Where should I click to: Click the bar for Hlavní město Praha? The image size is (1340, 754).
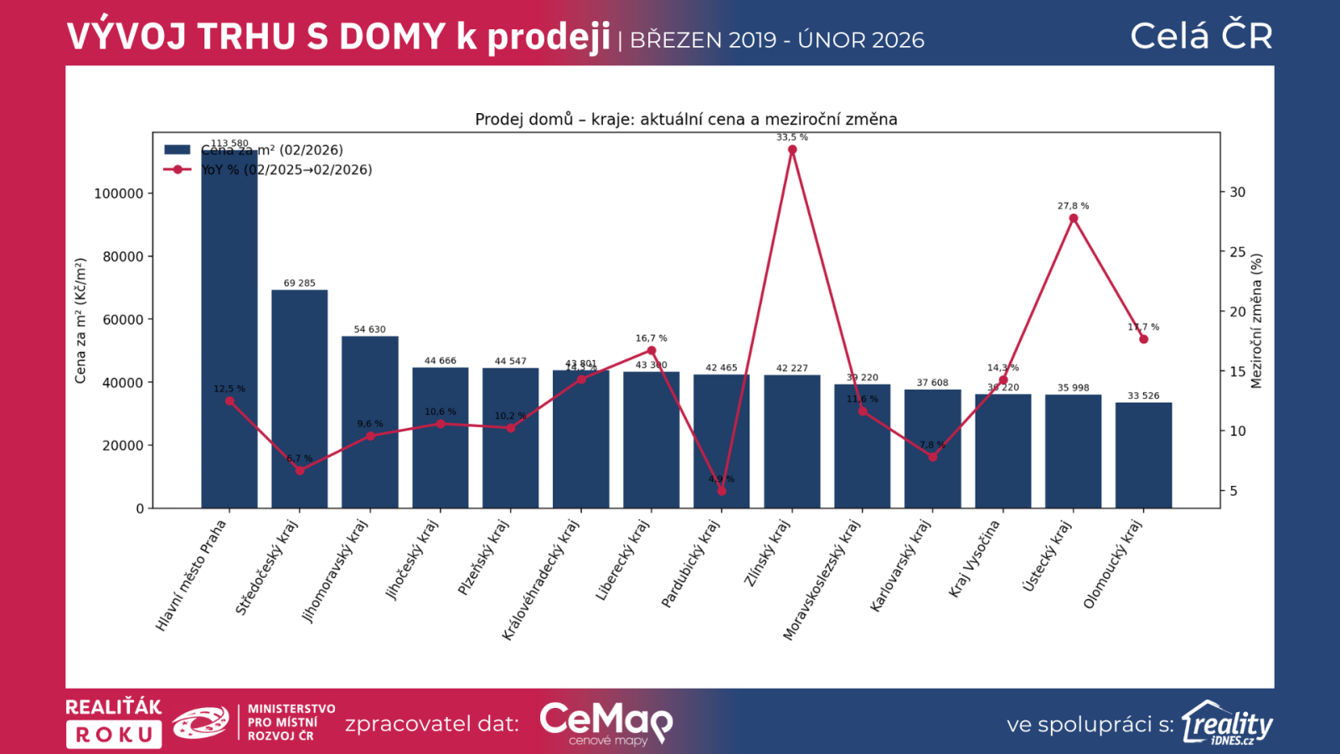pos(229,335)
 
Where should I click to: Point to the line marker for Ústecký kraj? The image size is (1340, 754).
pos(1074,219)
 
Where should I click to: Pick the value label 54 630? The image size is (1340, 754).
pos(369,329)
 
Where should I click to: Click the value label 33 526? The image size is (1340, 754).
pos(1143,396)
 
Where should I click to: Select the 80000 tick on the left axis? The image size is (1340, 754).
pos(123,256)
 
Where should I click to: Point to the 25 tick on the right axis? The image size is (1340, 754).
pos(1237,252)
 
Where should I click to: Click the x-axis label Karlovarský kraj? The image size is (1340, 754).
pos(901,566)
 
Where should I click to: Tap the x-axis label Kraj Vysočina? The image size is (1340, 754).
pos(974,559)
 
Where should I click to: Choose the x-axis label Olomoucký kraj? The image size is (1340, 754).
pos(1112,564)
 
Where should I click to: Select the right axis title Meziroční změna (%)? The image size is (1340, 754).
pos(1256,322)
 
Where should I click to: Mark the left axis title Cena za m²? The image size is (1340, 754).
pos(80,321)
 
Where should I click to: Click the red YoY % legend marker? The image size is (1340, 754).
pos(178,169)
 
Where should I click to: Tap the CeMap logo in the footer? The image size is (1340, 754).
pos(606,723)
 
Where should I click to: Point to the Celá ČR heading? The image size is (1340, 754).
pos(1201,36)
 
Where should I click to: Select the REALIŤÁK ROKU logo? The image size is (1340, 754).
pos(114,722)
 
